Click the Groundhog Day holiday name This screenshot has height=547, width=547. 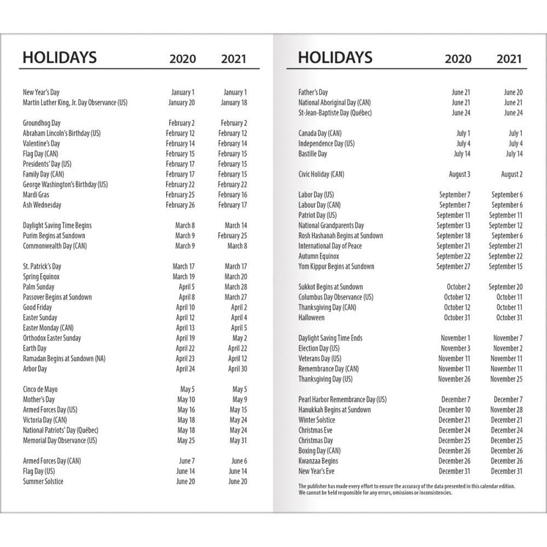(42, 123)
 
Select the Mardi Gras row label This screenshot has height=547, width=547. (36, 195)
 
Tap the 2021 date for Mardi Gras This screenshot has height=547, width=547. (232, 195)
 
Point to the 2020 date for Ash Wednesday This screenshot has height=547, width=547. (180, 205)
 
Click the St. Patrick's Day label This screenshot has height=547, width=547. (42, 266)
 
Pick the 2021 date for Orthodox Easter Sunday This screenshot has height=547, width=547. (240, 338)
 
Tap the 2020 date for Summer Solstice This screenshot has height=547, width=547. (185, 481)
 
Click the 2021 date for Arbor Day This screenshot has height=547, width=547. (237, 369)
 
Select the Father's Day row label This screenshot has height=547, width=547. (313, 92)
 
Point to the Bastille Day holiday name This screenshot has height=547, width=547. (312, 154)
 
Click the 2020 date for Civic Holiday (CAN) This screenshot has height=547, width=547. (459, 174)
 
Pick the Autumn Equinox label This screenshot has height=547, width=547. (319, 256)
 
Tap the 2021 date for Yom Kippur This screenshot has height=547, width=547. (505, 266)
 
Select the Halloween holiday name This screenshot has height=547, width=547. (311, 318)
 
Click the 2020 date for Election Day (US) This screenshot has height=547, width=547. (455, 348)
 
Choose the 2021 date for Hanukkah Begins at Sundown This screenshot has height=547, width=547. (507, 410)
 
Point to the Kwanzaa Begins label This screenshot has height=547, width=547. (318, 461)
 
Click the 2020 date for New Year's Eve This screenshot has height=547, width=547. (454, 471)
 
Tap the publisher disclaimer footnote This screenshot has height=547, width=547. (406, 489)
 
